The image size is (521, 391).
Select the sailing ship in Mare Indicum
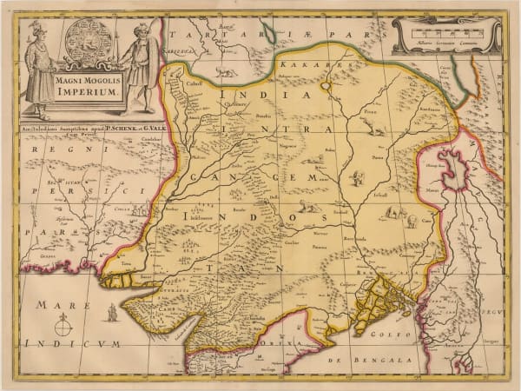(x=113, y=312)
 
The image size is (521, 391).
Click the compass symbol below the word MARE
(x=63, y=328)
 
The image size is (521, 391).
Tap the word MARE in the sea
(x=52, y=305)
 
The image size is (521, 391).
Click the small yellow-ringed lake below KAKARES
(x=326, y=86)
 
